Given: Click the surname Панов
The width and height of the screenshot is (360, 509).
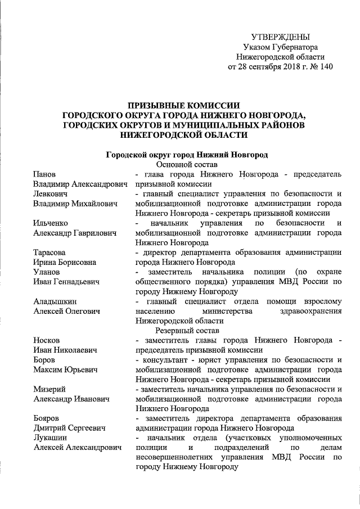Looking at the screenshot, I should pyautogui.click(x=44, y=174).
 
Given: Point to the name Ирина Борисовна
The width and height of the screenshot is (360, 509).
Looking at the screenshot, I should pyautogui.click(x=64, y=263).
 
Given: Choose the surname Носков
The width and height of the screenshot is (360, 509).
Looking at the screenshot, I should pyautogui.click(x=47, y=340).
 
